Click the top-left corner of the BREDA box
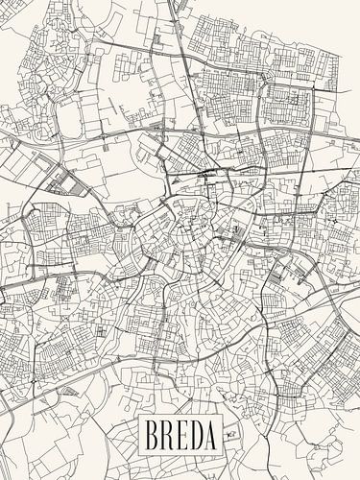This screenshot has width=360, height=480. [x=139, y=418]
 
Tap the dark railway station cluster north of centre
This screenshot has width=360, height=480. [x=206, y=174]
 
